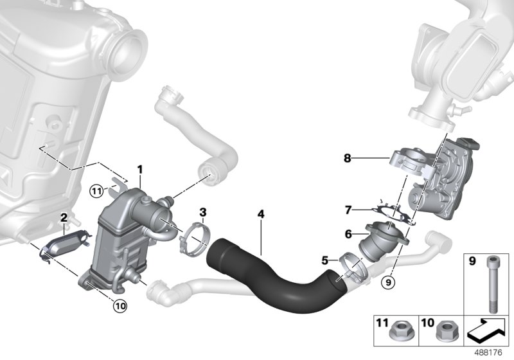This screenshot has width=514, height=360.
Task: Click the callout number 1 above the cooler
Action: [139, 169]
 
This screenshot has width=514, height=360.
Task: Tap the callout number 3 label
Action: [202, 212]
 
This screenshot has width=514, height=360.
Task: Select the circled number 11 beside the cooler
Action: [96, 190]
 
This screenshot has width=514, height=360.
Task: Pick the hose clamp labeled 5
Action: [344, 264]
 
